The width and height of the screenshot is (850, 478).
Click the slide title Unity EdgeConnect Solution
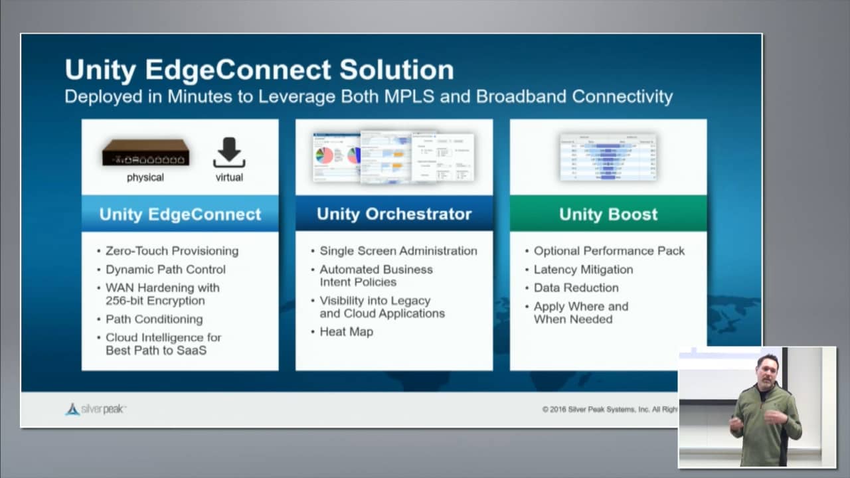259,70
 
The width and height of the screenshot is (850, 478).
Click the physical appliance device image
145,153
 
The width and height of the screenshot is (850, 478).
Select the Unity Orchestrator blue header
394,214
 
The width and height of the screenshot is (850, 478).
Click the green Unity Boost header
608,214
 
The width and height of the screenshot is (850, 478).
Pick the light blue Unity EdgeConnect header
180,214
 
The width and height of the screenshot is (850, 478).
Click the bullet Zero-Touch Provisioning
171,251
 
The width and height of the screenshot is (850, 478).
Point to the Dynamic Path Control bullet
165,270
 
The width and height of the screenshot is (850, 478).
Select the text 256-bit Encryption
155,301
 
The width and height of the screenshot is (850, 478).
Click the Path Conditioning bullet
154,319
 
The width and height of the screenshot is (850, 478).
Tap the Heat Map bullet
346,332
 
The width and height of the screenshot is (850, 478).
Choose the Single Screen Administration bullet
398,251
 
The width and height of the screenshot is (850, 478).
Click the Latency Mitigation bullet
583,270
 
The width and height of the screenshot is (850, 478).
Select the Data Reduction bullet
576,288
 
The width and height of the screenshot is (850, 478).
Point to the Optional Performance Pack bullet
609,251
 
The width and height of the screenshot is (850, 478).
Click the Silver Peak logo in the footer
96,409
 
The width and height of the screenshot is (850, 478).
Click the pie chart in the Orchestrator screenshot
324,155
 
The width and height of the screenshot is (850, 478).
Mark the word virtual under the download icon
229,178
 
